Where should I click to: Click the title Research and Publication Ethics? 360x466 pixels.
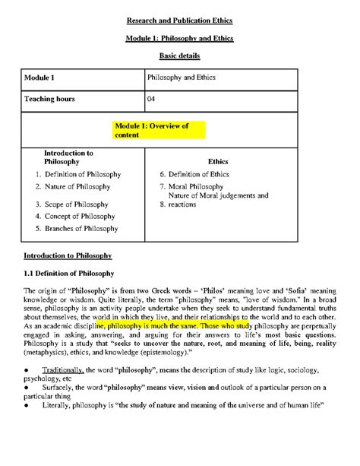click(x=180, y=20)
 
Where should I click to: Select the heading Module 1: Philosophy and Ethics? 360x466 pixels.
click(x=180, y=38)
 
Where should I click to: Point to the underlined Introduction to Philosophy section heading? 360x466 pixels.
click(x=68, y=255)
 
